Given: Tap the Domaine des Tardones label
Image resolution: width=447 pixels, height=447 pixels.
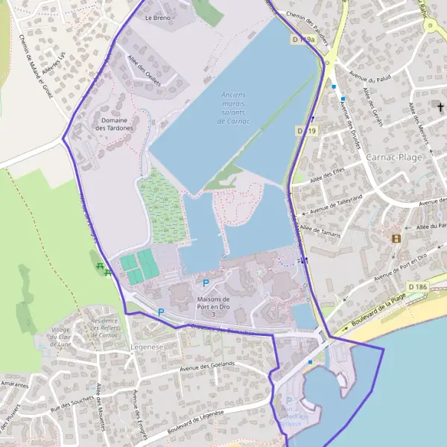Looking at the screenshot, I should coord(115,124).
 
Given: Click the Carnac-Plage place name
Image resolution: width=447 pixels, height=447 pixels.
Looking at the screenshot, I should coord(395,157).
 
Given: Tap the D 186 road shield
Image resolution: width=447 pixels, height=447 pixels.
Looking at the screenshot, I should coord(418,286).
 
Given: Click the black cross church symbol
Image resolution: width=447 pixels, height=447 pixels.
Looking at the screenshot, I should coord(440,108).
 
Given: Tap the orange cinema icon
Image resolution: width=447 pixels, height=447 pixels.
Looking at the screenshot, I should coord(396,238).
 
